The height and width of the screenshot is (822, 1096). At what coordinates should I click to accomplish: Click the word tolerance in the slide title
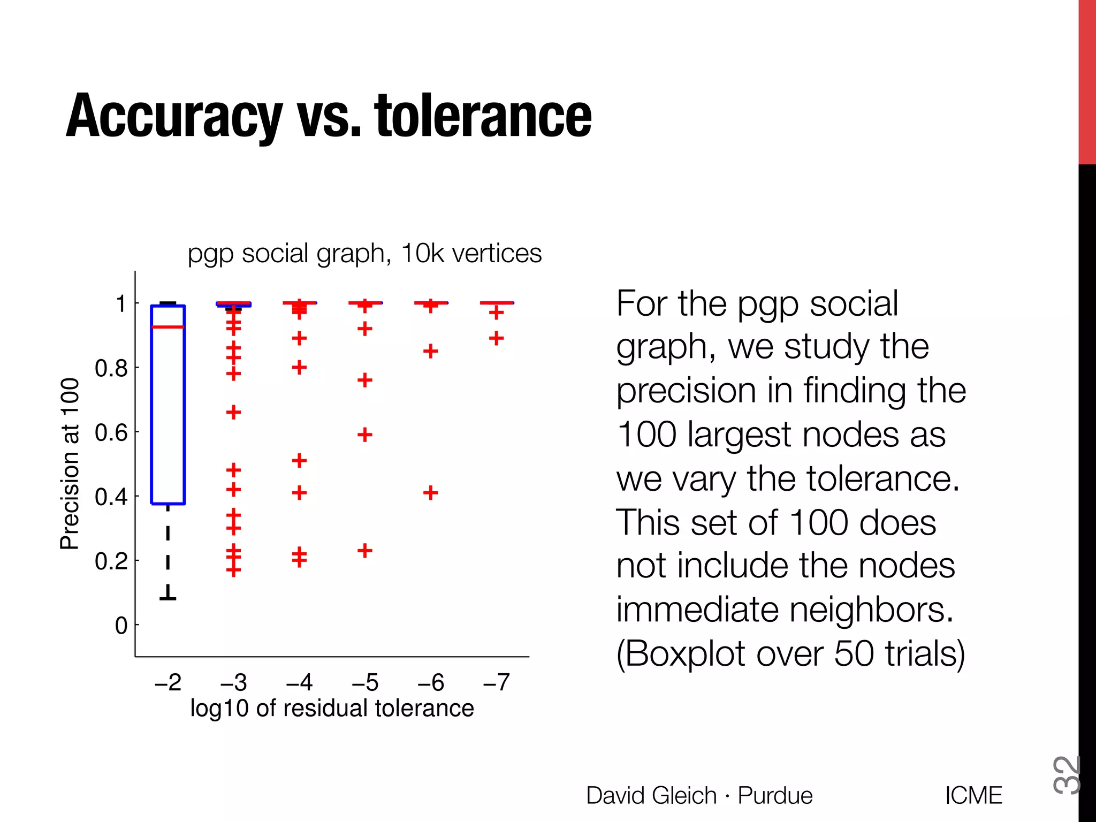pos(483,116)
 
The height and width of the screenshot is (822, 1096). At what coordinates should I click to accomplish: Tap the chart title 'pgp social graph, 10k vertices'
pos(364,253)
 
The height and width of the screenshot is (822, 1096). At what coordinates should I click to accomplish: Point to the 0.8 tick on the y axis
pos(111,368)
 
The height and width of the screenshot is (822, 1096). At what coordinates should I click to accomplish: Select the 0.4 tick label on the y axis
pos(111,497)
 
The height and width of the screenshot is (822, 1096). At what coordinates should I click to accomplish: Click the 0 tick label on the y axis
pos(121,626)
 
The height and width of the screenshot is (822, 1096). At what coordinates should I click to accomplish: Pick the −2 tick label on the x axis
pos(168,682)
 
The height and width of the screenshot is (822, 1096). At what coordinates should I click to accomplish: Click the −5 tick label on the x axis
pos(365,682)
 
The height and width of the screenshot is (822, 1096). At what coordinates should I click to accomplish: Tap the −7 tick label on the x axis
pos(496,682)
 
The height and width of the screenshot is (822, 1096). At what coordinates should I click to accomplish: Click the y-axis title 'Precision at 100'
pos(70,463)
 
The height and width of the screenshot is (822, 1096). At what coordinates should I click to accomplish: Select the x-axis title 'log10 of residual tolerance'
pos(332,708)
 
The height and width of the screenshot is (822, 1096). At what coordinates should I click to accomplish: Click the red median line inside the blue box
pos(168,326)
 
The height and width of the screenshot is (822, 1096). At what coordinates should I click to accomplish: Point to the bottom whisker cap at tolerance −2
pos(168,598)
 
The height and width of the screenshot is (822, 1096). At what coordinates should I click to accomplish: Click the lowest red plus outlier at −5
pos(365,550)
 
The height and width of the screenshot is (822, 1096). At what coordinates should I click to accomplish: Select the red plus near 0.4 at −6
pos(431,492)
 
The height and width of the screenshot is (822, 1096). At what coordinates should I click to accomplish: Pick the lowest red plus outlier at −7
pos(496,338)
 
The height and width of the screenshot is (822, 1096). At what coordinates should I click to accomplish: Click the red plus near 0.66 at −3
pos(233,412)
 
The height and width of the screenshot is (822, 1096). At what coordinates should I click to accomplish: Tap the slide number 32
pos(1066,774)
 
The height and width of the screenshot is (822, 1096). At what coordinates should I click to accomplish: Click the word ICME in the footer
pos(973,795)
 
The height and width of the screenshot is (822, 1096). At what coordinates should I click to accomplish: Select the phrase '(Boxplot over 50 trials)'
pos(790,653)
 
